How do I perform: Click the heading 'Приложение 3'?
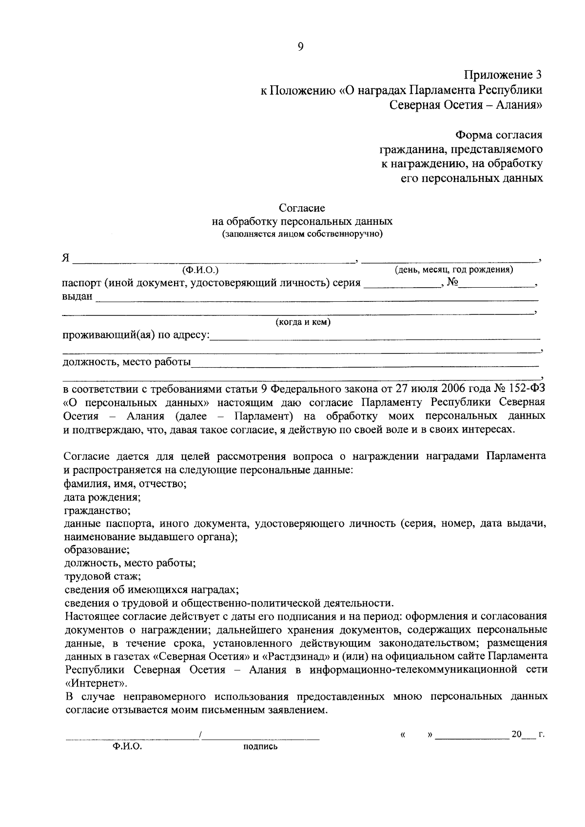[503, 75]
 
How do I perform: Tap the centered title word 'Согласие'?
[302, 208]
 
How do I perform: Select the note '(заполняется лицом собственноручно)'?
[302, 234]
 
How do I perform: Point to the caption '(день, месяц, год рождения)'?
[453, 269]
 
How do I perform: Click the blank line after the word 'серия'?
[401, 286]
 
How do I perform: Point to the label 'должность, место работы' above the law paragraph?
[127, 362]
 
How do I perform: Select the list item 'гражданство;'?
[97, 511]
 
